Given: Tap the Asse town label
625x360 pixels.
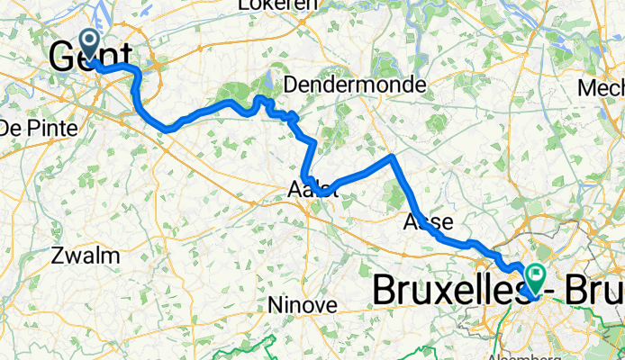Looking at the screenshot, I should pyautogui.click(x=427, y=221).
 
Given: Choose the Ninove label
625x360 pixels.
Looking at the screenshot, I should pyautogui.click(x=303, y=305).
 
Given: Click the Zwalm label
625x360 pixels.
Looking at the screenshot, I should pyautogui.click(x=86, y=256).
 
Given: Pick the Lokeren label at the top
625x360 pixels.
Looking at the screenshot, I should pyautogui.click(x=277, y=5).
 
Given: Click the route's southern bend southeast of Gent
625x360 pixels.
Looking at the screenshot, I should pyautogui.click(x=168, y=129).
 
